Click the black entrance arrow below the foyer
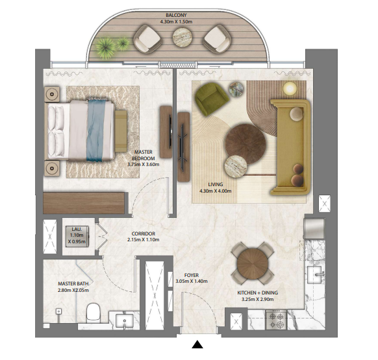[197, 345]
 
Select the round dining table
[253, 264]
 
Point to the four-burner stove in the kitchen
[276, 320]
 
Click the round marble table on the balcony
[183, 37]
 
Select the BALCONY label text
[176, 15]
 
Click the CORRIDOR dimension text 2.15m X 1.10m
[143, 240]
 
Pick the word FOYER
[192, 275]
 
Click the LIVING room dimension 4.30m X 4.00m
[215, 191]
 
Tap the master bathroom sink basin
[125, 321]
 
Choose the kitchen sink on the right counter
[314, 274]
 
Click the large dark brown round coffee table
[246, 144]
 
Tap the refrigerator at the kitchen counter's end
[314, 228]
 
